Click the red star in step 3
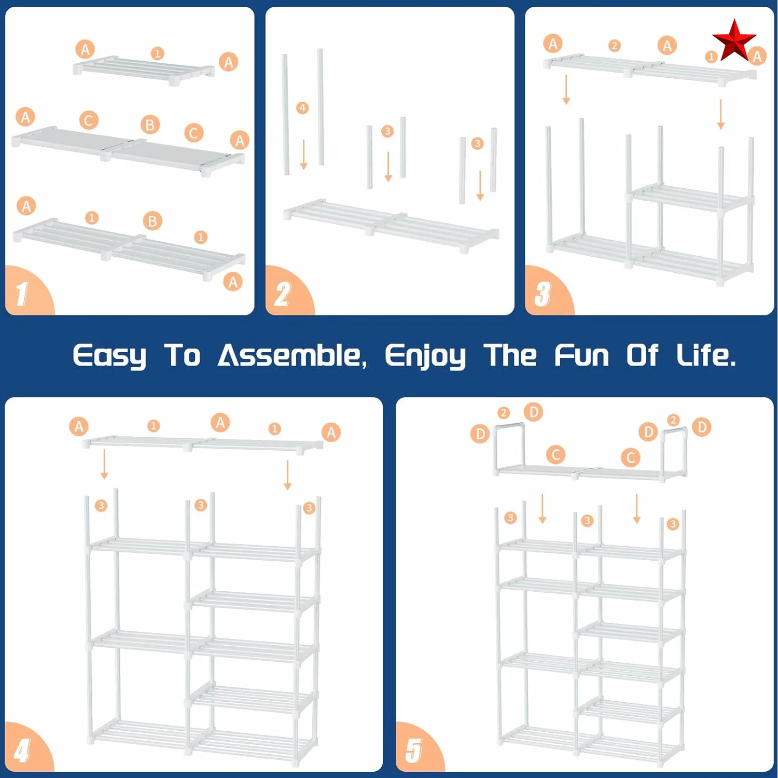(734, 40)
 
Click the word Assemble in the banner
(292, 356)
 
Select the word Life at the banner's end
(705, 356)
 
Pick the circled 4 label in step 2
(302, 108)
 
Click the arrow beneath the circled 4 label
(304, 155)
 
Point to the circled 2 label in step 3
(615, 46)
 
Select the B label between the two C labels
(150, 124)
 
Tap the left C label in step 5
(555, 455)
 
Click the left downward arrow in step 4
(104, 464)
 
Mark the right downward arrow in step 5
(637, 508)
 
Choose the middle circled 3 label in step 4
(201, 505)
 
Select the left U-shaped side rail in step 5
(509, 446)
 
